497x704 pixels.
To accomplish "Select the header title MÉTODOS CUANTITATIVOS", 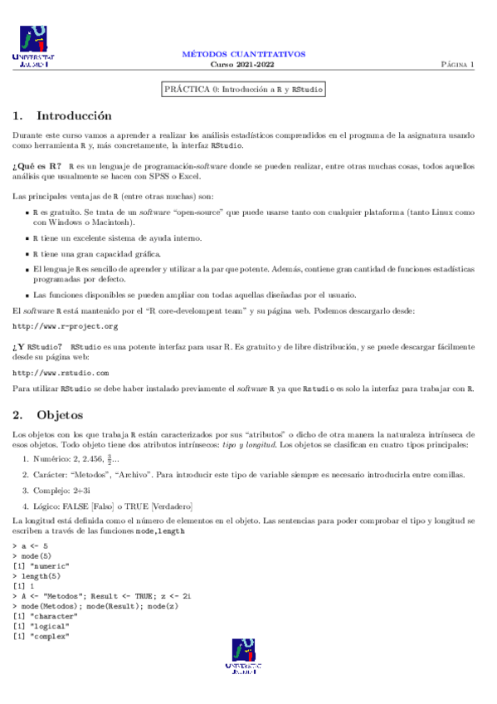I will (243, 54).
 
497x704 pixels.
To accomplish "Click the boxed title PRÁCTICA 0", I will (243, 88).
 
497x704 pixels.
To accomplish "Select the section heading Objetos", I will (60, 413).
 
